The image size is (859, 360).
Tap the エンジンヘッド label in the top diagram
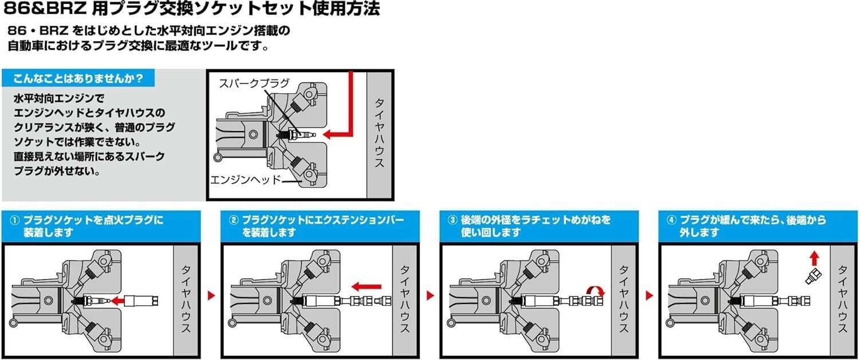click(x=245, y=179)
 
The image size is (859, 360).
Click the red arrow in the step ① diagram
click(x=119, y=300)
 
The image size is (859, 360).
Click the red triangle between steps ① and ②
click(x=211, y=295)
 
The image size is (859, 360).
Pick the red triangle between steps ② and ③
click(x=430, y=295)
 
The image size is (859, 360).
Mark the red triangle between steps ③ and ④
click(x=649, y=295)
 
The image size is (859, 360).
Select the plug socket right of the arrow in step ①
click(x=142, y=300)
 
